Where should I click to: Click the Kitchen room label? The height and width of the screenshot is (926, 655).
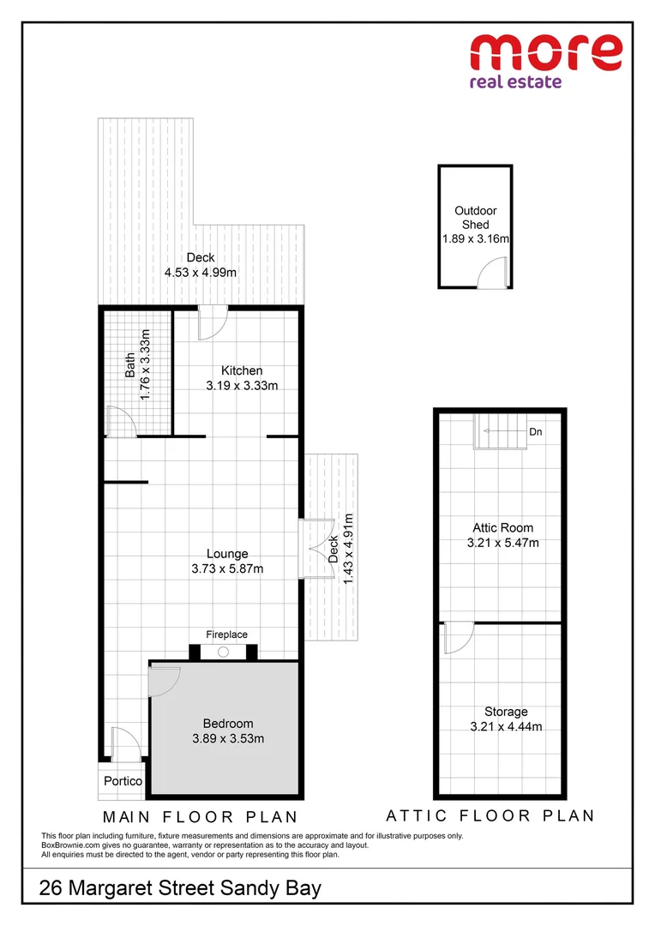tap(242, 370)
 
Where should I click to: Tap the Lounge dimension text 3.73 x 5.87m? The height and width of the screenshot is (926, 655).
tap(227, 568)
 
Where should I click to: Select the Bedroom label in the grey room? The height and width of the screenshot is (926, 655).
tap(228, 724)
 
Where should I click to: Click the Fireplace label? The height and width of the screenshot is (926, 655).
tap(226, 634)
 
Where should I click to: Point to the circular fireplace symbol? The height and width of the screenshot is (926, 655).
tap(223, 652)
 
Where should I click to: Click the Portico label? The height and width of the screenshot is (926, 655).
tap(123, 781)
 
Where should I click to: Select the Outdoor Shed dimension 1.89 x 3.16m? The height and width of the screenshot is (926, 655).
tap(476, 239)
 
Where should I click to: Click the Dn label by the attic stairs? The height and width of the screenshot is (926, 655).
tap(535, 432)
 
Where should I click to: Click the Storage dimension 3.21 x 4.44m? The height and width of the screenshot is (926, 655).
tap(506, 727)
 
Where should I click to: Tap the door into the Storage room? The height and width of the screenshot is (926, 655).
tap(459, 637)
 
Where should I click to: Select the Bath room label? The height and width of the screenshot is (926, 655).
tap(130, 365)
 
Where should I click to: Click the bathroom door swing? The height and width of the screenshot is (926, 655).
tap(121, 422)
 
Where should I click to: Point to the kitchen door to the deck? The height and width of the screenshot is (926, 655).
tap(211, 323)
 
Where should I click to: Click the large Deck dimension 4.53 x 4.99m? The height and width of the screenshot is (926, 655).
tap(201, 273)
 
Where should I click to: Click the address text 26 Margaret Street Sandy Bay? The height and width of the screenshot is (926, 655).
tap(180, 887)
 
